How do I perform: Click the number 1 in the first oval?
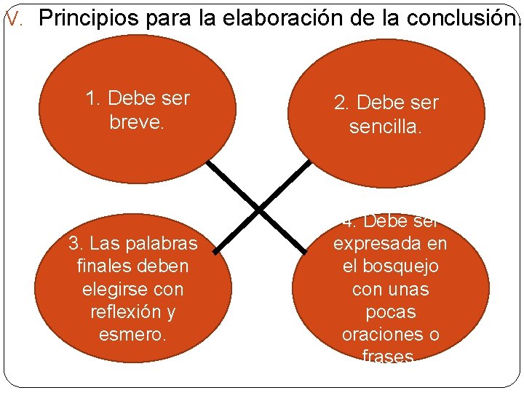(91, 98)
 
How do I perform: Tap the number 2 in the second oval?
(340, 103)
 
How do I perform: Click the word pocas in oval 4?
(390, 312)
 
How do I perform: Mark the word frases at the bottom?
(388, 357)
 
